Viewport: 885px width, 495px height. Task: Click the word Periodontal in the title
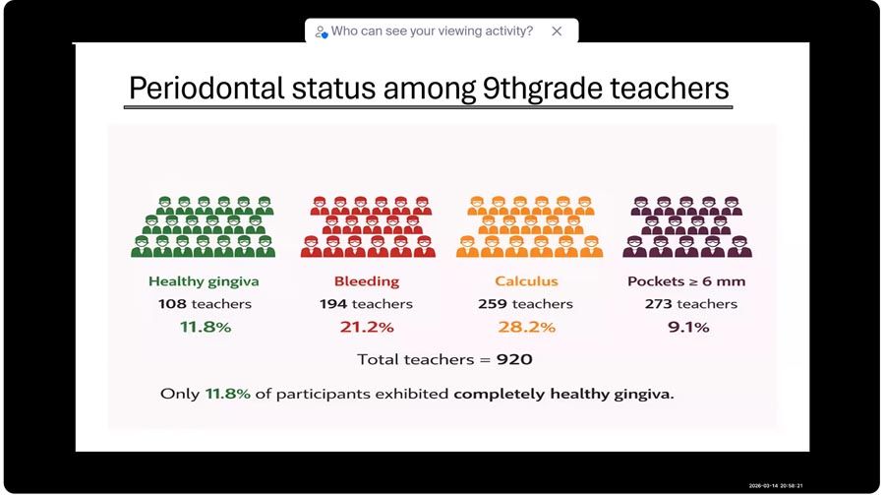(x=206, y=89)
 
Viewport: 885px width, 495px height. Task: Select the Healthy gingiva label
(x=204, y=281)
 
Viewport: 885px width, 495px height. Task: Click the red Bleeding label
(x=367, y=281)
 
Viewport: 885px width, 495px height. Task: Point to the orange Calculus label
(x=526, y=280)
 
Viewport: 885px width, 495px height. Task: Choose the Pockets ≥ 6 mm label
(x=686, y=280)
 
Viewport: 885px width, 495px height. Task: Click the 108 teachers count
(x=205, y=304)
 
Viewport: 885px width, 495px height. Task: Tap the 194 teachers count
(x=366, y=304)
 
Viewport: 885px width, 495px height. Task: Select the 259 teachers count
(x=525, y=304)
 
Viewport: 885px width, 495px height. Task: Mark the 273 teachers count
(x=691, y=304)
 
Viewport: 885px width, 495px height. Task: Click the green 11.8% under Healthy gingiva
(x=206, y=327)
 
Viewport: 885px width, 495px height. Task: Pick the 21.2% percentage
(x=367, y=327)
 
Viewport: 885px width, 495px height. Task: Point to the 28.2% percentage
(x=527, y=327)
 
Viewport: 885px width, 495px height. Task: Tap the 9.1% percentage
(x=688, y=327)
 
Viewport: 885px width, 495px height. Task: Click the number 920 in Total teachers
(x=514, y=359)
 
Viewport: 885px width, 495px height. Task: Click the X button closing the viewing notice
(x=557, y=31)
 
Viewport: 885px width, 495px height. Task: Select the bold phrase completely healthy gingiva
(x=563, y=394)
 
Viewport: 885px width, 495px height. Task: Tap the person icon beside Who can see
(x=322, y=32)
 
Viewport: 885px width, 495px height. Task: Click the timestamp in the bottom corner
(x=776, y=485)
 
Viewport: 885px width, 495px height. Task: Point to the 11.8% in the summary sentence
(x=227, y=394)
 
